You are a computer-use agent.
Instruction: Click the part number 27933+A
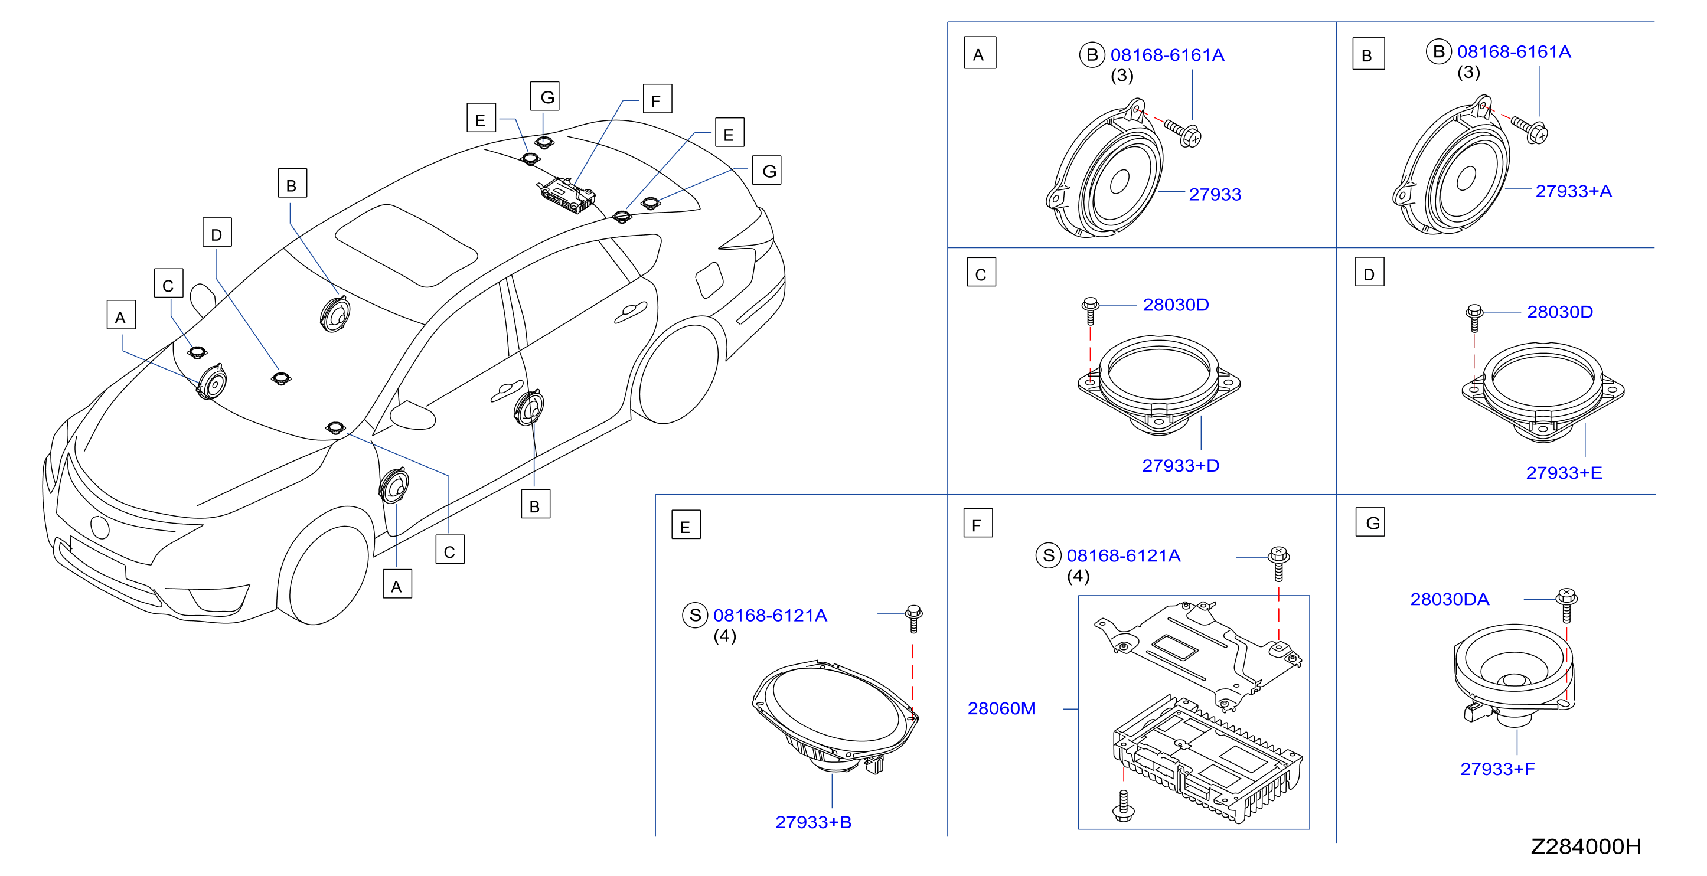click(1573, 191)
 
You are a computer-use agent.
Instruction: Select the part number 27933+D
click(1180, 466)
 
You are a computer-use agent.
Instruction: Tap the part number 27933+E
click(1564, 473)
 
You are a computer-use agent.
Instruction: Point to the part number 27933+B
click(813, 822)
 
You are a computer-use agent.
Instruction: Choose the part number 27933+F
click(1497, 769)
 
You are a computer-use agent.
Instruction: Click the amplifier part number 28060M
click(1001, 709)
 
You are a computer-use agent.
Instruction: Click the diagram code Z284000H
click(1586, 847)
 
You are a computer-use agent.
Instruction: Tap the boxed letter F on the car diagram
click(657, 99)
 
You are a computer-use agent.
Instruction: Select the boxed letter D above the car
click(217, 233)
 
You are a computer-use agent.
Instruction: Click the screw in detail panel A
click(1183, 133)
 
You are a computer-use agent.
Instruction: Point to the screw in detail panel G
click(1566, 605)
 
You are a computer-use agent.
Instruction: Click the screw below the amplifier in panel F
click(1123, 806)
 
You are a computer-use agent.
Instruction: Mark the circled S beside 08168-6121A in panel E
click(695, 616)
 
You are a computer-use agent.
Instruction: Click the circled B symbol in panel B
click(1438, 52)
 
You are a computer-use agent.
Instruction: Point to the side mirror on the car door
click(413, 415)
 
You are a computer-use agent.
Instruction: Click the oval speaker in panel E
click(835, 716)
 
